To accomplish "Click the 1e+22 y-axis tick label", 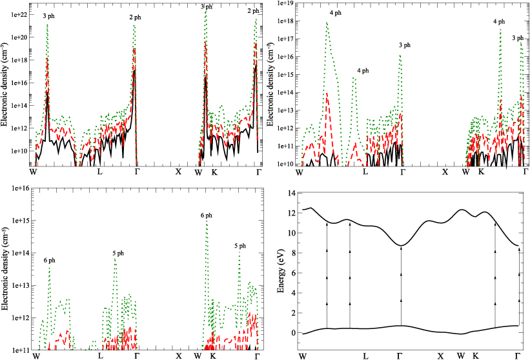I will point(18,14).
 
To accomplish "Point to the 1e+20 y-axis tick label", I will point(18,37).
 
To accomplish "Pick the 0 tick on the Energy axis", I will point(292,333).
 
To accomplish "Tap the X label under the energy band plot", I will point(441,355).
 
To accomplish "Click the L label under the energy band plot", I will point(366,355).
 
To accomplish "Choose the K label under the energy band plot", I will point(475,355).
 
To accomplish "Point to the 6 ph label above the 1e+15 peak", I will point(206,215).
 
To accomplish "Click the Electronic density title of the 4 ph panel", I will point(270,84).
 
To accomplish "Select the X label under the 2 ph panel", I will point(179,172).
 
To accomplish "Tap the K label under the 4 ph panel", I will point(480,172).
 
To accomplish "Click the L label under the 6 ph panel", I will point(100,355).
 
